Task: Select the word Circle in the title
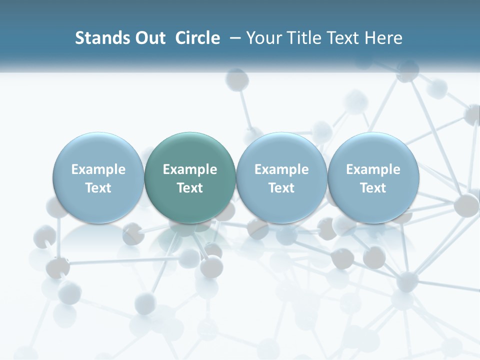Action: (x=197, y=38)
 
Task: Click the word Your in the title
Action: (x=262, y=38)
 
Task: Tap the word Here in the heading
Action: (x=384, y=38)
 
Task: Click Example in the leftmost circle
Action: (x=98, y=169)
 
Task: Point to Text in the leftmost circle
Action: (x=98, y=188)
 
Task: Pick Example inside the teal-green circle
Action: (x=190, y=169)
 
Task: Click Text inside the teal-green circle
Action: (x=190, y=188)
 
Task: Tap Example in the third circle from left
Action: (x=281, y=169)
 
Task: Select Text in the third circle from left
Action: (x=281, y=188)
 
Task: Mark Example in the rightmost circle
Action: (x=373, y=169)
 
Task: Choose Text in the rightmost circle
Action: (x=373, y=188)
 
